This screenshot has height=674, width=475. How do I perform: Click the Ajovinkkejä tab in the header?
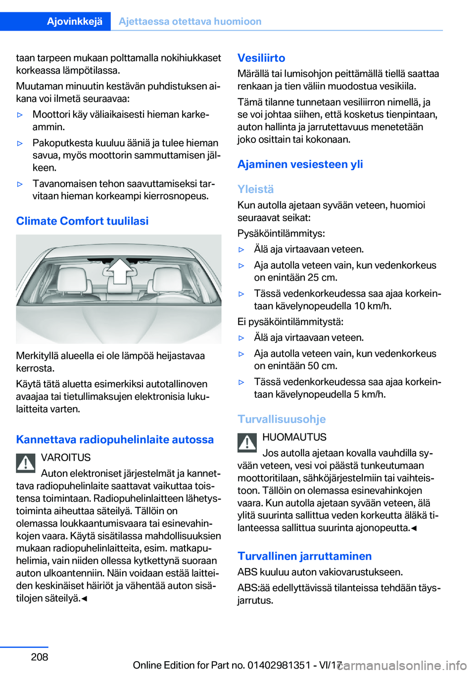(x=75, y=21)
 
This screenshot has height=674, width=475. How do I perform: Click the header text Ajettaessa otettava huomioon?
(x=190, y=21)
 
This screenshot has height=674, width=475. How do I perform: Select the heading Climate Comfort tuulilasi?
(x=82, y=221)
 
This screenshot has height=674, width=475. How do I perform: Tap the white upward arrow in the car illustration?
(x=119, y=270)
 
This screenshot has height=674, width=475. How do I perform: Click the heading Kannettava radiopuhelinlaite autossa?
(x=115, y=439)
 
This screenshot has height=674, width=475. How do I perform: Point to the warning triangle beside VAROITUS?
(x=26, y=463)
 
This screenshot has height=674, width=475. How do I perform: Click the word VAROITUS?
(x=66, y=457)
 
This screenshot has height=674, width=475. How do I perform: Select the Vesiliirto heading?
(x=261, y=58)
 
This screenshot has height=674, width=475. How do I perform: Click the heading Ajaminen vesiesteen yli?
(x=300, y=164)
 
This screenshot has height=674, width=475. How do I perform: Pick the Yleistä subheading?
(x=255, y=189)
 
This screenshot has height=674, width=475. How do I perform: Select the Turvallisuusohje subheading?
(x=282, y=419)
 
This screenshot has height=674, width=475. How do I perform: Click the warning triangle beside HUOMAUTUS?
(x=247, y=443)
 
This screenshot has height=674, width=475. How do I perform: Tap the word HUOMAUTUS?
(x=294, y=437)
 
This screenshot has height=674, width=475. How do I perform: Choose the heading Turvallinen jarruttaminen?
(x=304, y=556)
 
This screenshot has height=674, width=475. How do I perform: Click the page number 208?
(x=40, y=657)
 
